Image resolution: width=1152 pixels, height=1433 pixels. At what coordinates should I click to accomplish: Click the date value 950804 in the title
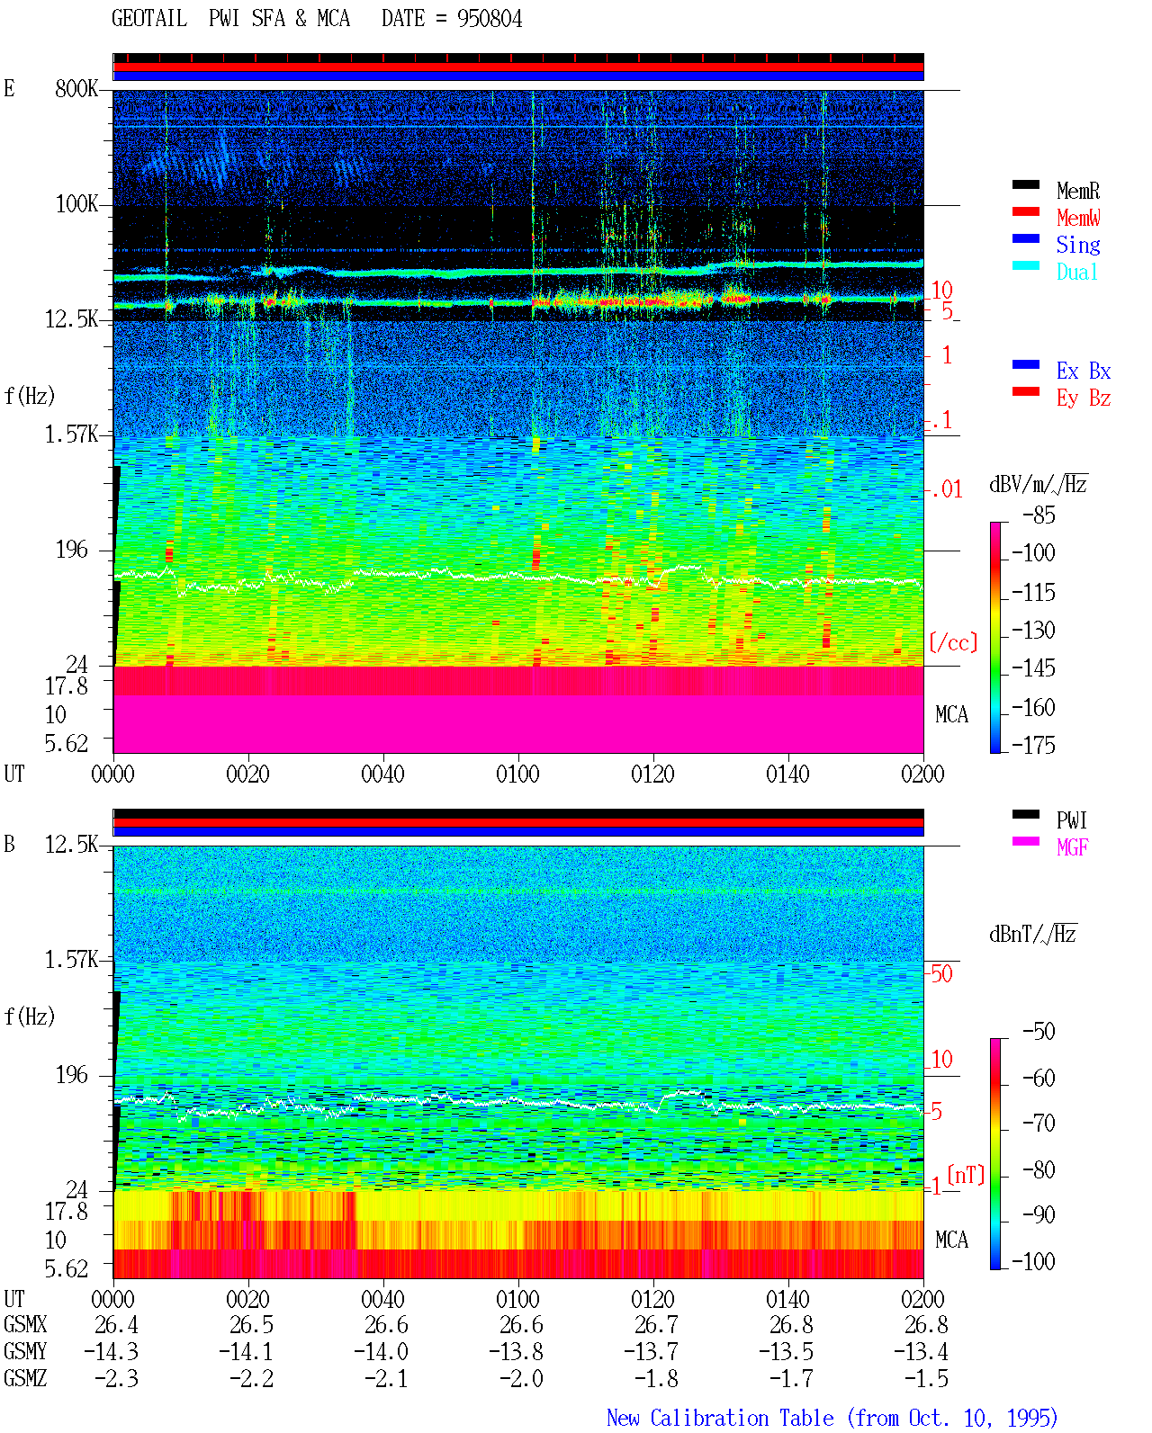click(489, 19)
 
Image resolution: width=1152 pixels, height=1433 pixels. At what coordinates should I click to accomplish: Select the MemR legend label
click(1078, 191)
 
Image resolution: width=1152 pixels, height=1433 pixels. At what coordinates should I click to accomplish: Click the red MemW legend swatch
click(1025, 211)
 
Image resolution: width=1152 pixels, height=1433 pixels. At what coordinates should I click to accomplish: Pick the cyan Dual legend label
click(1076, 272)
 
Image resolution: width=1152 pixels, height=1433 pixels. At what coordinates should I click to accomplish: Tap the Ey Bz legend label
click(1084, 398)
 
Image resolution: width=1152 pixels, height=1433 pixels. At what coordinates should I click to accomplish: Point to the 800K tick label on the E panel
click(76, 88)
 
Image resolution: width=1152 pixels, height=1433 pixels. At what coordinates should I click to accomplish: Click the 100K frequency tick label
click(76, 204)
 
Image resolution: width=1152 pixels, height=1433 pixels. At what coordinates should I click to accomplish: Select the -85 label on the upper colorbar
click(1039, 515)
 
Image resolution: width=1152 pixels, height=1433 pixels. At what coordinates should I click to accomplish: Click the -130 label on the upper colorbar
click(1033, 630)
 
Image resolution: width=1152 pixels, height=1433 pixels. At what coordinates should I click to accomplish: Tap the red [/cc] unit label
click(953, 642)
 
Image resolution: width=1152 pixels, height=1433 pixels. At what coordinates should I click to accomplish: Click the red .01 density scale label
click(946, 490)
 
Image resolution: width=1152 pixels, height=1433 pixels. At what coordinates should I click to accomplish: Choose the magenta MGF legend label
click(1072, 847)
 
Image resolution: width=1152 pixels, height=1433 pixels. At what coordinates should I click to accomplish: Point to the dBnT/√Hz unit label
click(1032, 935)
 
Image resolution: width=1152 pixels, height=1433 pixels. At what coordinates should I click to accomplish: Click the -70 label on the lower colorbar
click(1039, 1124)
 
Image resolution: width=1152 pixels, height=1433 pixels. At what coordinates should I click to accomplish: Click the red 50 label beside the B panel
click(941, 974)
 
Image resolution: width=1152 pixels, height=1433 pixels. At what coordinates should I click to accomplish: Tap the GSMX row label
click(25, 1325)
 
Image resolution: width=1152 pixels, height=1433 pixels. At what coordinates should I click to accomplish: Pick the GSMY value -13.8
click(516, 1352)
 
